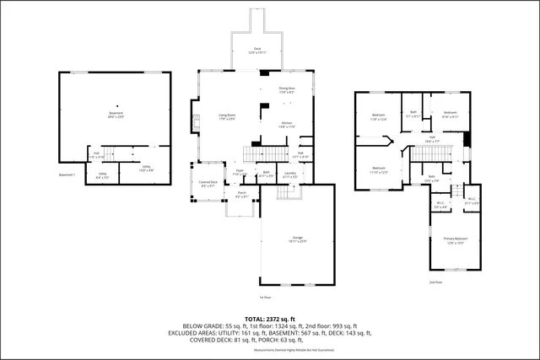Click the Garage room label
(296, 239)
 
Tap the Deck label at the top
(258, 51)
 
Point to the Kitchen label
(287, 125)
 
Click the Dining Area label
(287, 90)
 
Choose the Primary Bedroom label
(455, 240)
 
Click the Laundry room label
(289, 175)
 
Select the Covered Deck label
(208, 184)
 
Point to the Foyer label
(240, 173)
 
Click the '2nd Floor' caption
(435, 282)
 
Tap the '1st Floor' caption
(265, 297)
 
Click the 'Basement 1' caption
(67, 175)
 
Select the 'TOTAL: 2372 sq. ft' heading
(270, 318)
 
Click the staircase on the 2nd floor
(423, 154)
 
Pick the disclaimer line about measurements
(270, 350)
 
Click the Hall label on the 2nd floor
(430, 141)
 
